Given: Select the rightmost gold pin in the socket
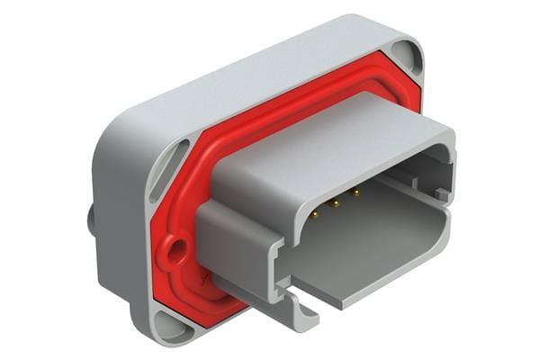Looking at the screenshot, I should [x=355, y=192].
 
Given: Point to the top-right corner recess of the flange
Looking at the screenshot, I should [x=411, y=57].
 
